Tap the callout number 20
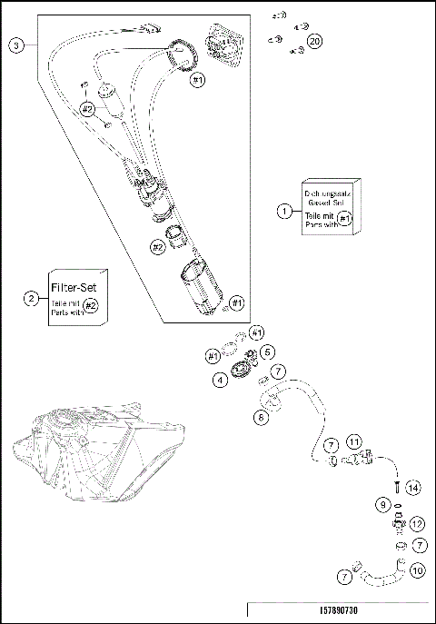tap(315, 41)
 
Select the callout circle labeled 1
tap(284, 211)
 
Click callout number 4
tap(221, 381)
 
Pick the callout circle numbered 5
tap(267, 352)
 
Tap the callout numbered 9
tap(383, 504)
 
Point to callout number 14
tap(413, 488)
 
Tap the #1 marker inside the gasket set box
tap(344, 219)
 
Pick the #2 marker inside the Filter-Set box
tap(91, 306)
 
